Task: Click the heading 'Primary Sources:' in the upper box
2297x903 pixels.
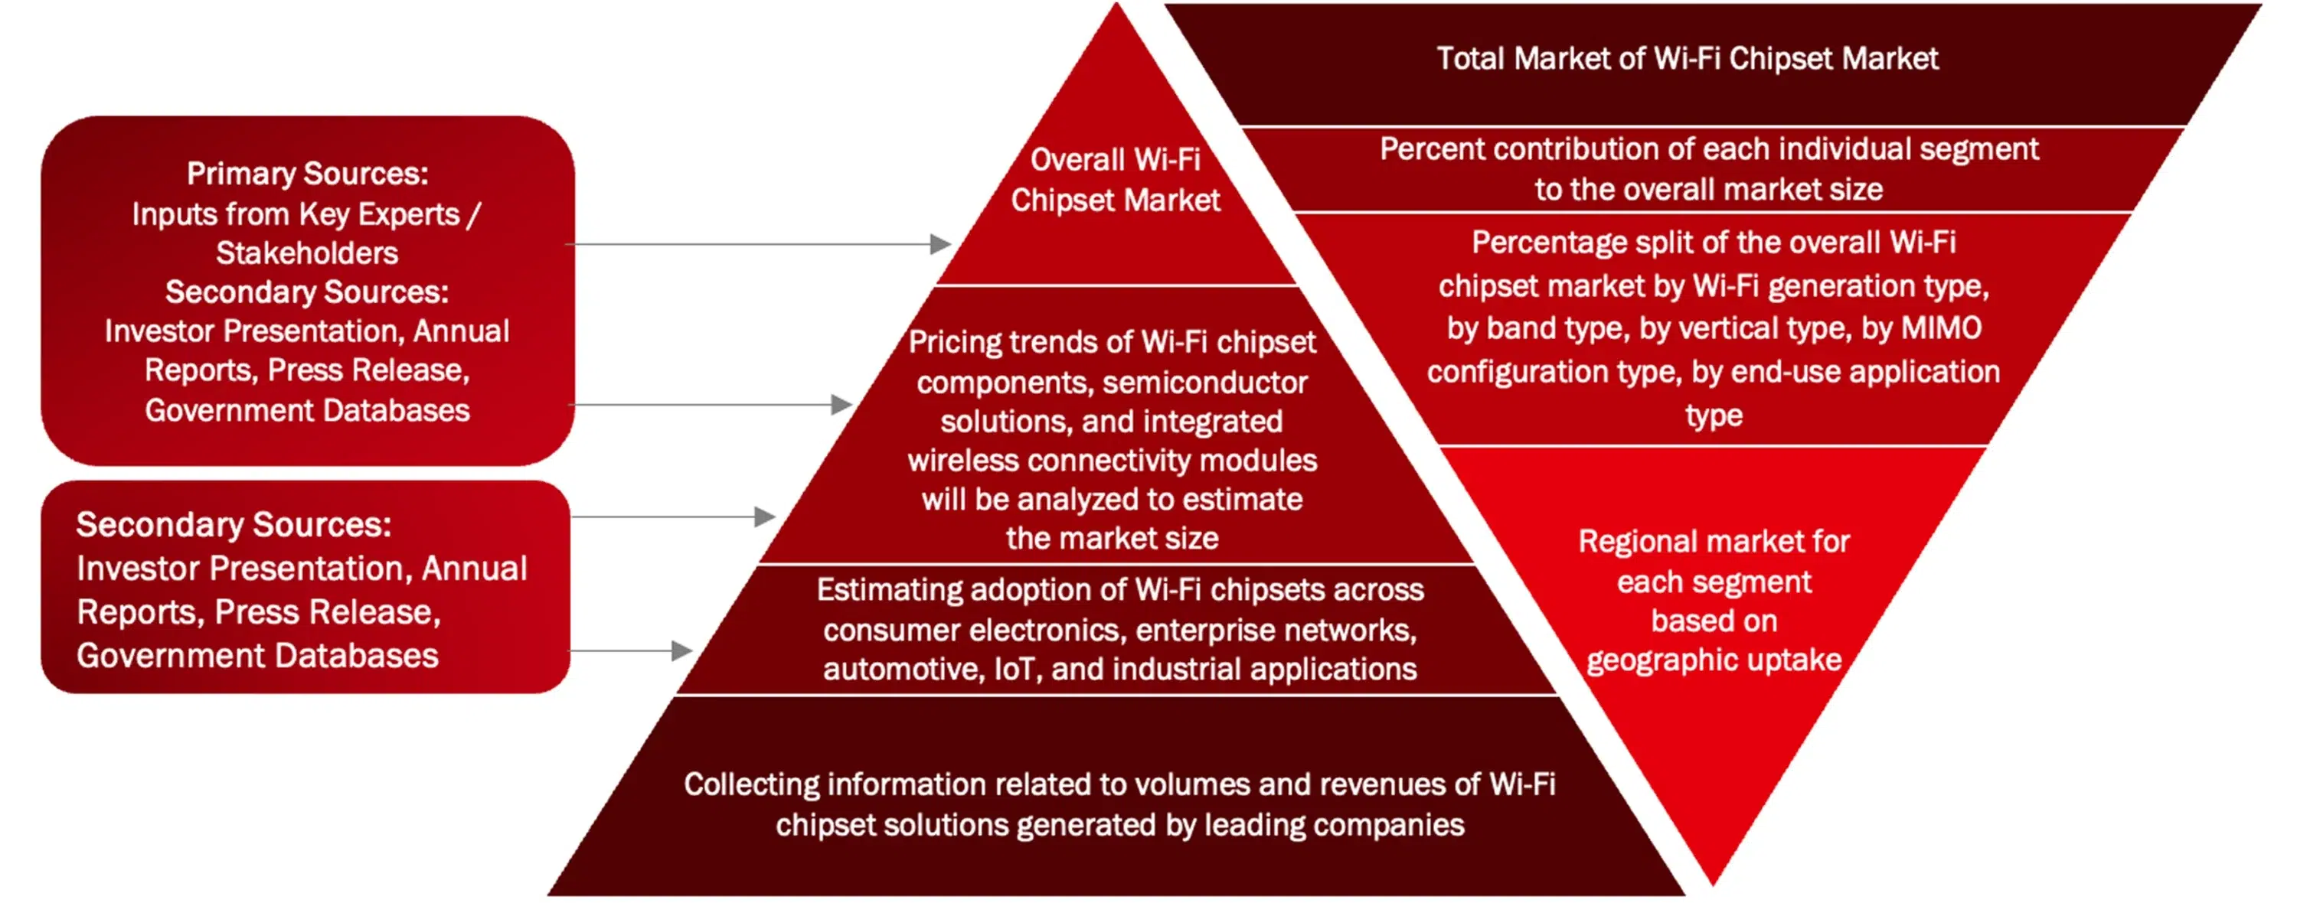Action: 308,174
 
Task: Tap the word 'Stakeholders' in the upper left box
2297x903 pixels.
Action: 308,253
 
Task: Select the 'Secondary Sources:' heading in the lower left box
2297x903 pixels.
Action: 234,525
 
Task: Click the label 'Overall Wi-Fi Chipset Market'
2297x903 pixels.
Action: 1116,180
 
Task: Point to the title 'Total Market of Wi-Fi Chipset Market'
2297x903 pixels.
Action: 1687,59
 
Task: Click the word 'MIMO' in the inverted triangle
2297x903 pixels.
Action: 1941,328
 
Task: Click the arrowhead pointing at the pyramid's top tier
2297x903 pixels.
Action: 939,244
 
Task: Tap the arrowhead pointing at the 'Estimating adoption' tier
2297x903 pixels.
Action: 682,650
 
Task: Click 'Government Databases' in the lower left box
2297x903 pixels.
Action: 258,656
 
